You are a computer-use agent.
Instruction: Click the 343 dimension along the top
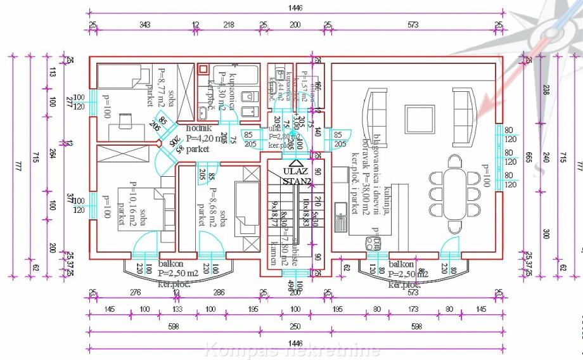click(x=144, y=25)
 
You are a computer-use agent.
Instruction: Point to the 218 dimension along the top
click(x=229, y=25)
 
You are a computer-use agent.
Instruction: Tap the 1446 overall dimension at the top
click(x=295, y=8)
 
